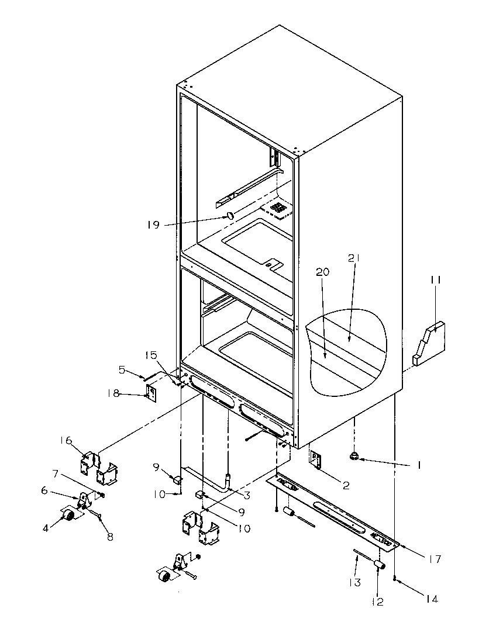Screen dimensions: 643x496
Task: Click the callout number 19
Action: tap(153, 224)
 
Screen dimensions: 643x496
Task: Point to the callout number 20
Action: tap(323, 272)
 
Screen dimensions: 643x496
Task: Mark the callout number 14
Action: tap(432, 599)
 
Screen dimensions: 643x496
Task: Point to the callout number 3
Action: tap(247, 496)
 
